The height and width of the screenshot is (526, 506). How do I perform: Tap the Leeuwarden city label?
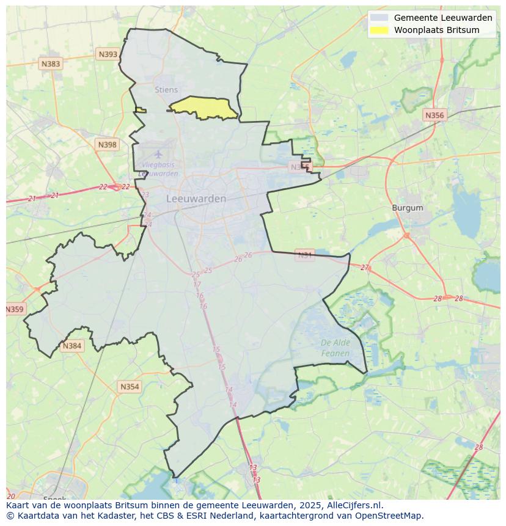pos(196,199)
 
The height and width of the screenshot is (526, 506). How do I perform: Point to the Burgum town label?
pos(407,208)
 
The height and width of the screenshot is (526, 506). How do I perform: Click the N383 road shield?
pos(51,64)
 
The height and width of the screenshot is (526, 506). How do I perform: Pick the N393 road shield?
pos(108,54)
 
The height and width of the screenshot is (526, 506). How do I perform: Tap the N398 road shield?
pos(106,145)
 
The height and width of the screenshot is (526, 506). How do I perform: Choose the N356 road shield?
pos(435,115)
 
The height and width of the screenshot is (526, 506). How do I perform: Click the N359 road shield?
pos(15,309)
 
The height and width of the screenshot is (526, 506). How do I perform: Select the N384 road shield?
pos(71,346)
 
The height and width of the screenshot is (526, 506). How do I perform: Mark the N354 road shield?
pos(129,387)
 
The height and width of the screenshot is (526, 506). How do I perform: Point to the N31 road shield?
pos(304,255)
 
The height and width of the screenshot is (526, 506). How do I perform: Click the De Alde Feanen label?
pos(335,348)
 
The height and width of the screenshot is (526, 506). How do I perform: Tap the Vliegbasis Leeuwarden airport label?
pos(158,169)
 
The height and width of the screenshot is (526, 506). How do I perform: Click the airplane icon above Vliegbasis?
pos(158,154)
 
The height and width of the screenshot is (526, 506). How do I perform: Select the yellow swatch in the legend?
pos(379,30)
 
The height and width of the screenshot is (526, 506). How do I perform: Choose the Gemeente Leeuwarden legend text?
pos(443,18)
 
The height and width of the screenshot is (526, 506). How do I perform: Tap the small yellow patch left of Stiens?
pos(141,110)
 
